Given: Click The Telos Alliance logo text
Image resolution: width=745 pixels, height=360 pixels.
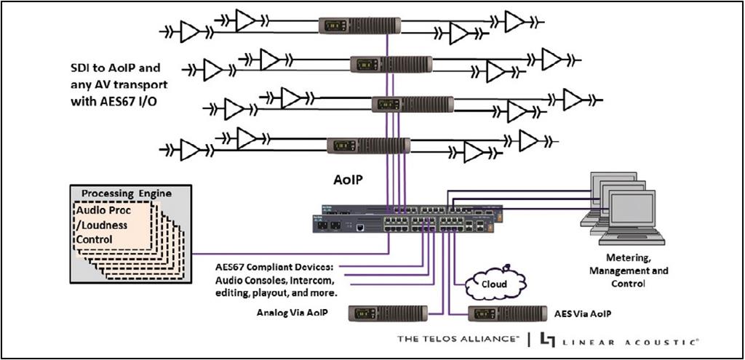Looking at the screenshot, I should point(458,339).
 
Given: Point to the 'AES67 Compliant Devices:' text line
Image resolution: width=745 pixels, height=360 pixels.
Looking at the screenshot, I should point(273,267).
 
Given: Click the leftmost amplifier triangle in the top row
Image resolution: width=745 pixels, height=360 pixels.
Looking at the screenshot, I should point(190,31).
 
